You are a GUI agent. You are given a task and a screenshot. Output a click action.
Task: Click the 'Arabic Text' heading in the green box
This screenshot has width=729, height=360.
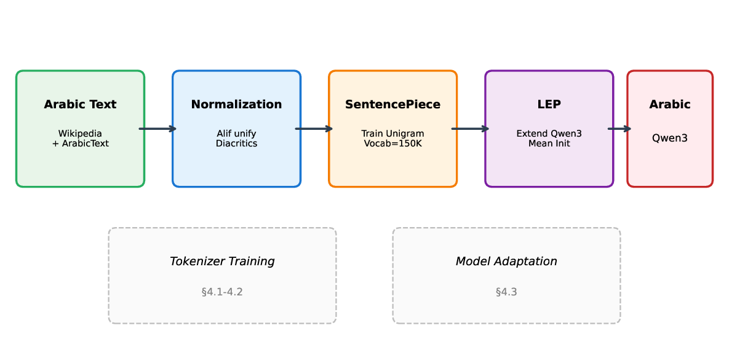(80, 105)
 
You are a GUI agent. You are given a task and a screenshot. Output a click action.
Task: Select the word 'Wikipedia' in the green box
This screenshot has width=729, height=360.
(80, 134)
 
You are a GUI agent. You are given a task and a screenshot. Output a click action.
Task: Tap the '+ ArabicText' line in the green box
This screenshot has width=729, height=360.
(80, 143)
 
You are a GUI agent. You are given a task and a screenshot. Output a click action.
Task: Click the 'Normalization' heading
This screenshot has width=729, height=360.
(236, 105)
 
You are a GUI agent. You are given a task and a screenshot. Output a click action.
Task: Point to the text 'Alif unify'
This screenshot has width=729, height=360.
(236, 134)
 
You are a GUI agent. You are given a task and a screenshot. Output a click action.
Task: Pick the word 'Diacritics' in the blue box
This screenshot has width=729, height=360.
(236, 143)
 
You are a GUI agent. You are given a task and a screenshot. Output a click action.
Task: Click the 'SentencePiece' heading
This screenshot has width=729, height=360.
(392, 105)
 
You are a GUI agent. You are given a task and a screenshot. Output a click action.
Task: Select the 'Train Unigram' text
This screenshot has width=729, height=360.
(392, 134)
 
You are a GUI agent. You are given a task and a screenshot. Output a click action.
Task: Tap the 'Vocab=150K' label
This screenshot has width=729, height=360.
(392, 143)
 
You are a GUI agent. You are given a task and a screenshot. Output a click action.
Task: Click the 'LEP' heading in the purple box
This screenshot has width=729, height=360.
(549, 105)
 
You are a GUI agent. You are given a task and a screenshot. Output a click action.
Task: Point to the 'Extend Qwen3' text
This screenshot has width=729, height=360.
(549, 134)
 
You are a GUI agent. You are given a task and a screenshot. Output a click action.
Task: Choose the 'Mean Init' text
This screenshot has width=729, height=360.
(549, 143)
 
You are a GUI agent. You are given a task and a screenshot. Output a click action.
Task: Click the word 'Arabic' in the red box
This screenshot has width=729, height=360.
(670, 105)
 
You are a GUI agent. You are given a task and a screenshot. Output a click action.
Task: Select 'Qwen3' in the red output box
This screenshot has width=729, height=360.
(670, 138)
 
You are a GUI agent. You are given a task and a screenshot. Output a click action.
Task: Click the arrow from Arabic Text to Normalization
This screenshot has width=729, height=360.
(158, 129)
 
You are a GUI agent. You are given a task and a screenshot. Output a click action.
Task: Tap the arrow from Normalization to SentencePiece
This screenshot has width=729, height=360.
(314, 129)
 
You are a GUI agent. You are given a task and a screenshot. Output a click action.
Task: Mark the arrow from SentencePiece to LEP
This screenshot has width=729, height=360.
(471, 129)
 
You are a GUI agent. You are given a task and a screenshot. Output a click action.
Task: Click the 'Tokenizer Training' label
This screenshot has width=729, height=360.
(222, 262)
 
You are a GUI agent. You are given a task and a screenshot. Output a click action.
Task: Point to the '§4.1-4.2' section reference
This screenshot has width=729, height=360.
(222, 292)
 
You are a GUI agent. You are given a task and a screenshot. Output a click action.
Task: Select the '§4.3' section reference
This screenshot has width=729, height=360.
(506, 292)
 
